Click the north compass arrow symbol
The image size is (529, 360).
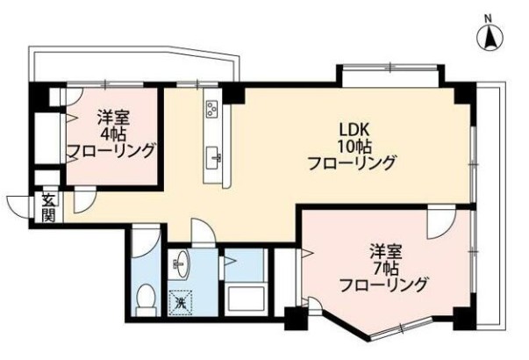point(490,38)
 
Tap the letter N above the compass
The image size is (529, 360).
point(488,19)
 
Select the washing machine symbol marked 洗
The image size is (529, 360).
point(181,303)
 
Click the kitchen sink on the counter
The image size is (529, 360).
point(213,158)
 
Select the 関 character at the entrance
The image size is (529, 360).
point(49,215)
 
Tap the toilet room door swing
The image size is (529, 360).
point(146,241)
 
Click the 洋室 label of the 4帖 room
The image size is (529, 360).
point(113,119)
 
